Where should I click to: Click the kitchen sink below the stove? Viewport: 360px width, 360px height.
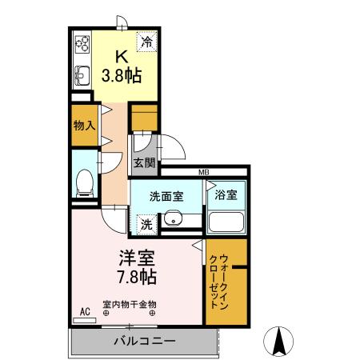coord(82,76)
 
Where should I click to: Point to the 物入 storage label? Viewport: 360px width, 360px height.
coord(85,126)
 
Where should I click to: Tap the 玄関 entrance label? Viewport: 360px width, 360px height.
coord(145,164)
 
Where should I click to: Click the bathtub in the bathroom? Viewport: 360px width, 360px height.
coord(226,221)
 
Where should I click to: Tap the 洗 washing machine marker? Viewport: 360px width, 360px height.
coord(146,225)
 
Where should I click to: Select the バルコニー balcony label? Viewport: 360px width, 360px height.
coord(143,341)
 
